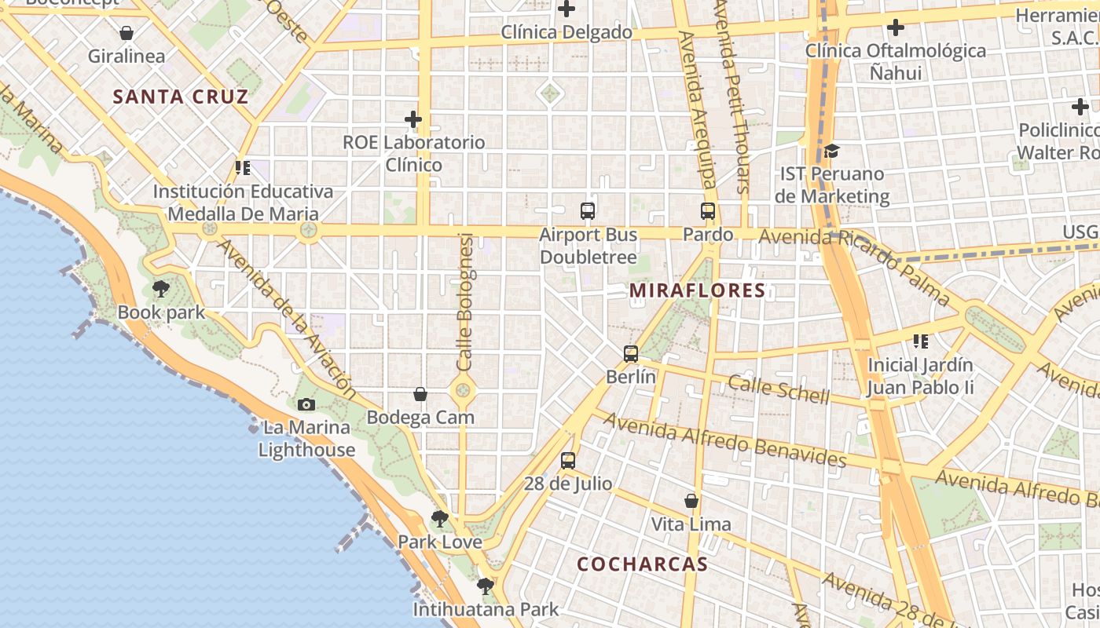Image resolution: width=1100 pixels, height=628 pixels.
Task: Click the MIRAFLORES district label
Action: point(697,291)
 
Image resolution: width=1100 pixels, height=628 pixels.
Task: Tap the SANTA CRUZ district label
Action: point(180,97)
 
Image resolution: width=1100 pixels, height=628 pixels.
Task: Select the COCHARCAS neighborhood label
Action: point(642,564)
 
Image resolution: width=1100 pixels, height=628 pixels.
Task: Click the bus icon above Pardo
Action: point(708,211)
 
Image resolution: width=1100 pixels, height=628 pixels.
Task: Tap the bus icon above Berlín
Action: point(631,354)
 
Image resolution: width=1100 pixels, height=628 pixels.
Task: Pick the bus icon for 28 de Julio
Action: point(568,461)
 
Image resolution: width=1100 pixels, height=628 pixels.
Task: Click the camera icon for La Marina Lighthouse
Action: point(306,405)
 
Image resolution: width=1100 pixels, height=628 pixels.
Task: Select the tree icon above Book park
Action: point(161,289)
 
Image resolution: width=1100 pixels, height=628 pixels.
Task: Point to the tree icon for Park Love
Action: point(440,519)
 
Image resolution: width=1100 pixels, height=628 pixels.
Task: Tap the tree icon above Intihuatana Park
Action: point(486,586)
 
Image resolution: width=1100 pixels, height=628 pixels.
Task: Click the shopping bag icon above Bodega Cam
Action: point(420,394)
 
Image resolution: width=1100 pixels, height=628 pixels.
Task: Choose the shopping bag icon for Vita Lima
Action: point(691,501)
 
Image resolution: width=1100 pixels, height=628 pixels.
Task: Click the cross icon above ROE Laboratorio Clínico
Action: point(413,119)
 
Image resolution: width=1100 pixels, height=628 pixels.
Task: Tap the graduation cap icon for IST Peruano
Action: point(831,151)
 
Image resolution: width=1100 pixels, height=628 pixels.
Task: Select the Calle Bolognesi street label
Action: point(465,302)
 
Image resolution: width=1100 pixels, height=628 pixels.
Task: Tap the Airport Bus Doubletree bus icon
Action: point(588,211)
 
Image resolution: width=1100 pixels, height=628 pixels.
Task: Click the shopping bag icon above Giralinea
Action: point(126,33)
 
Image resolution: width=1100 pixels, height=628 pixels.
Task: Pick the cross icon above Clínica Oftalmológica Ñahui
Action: point(895,28)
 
